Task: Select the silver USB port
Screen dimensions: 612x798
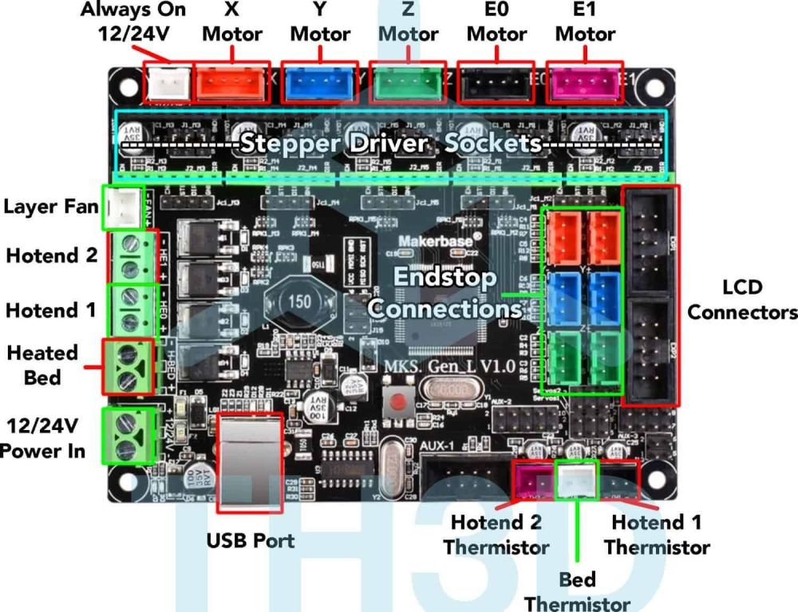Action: pyautogui.click(x=249, y=460)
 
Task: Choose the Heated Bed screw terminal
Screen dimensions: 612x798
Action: pyautogui.click(x=128, y=366)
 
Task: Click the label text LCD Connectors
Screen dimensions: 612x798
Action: pyautogui.click(x=742, y=299)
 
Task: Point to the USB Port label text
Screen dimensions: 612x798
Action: pyautogui.click(x=250, y=540)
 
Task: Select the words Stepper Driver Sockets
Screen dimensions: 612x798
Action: pyautogui.click(x=390, y=145)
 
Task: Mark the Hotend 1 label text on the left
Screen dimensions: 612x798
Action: pyautogui.click(x=51, y=310)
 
